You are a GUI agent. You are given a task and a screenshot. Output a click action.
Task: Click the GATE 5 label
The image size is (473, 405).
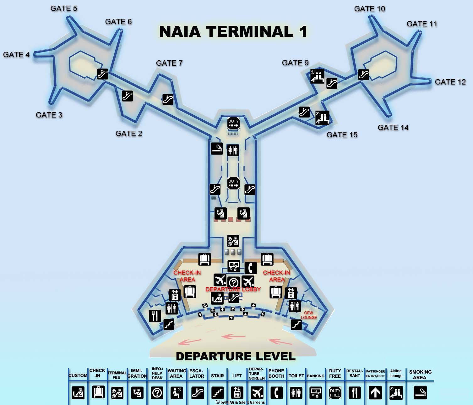coord(64,8)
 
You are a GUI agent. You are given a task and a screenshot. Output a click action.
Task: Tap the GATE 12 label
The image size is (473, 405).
coord(450,82)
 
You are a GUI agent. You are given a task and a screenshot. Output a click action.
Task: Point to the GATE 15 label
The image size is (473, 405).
coord(342,135)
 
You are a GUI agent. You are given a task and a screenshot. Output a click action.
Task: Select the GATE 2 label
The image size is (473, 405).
coord(129,134)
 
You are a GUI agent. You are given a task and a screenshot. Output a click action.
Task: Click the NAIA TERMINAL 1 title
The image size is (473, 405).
coord(233,32)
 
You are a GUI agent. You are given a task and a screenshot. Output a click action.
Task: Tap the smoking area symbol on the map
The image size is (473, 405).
coord(217,148)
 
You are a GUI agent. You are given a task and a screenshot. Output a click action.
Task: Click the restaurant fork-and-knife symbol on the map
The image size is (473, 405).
coord(154,316)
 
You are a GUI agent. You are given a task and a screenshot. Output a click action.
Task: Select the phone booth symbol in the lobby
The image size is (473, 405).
coord(250,268)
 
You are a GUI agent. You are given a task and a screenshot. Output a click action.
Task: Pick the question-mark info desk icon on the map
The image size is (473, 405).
coord(234,283)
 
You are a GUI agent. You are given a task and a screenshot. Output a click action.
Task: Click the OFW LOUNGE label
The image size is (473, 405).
coord(309,315)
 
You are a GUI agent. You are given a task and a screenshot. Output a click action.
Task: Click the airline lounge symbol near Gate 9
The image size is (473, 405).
coord(317,76)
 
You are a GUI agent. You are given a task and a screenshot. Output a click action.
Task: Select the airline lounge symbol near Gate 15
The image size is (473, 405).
coord(322,118)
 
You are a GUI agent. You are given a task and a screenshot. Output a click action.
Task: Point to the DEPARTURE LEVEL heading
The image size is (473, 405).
coord(236,356)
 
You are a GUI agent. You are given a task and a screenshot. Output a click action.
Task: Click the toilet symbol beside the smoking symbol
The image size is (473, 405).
coord(233,150)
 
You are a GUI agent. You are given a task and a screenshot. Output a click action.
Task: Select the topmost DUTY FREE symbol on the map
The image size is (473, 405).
coord(233,123)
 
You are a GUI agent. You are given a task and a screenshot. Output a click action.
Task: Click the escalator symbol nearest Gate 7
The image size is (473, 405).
coord(168,99)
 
